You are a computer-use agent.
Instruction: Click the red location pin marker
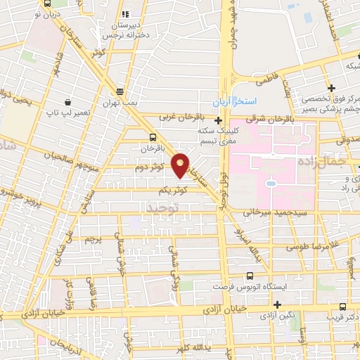pyautogui.click(x=181, y=165)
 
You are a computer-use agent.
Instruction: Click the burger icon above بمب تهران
pyautogui.click(x=120, y=91)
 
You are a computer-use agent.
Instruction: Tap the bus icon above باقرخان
pyautogui.click(x=153, y=137)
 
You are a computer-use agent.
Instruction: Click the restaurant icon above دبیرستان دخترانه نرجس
pyautogui.click(x=125, y=14)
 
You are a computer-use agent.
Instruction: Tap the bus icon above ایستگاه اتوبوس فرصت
pyautogui.click(x=249, y=276)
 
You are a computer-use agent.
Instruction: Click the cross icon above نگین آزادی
pyautogui.click(x=278, y=304)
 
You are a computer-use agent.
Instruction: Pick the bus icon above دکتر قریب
pyautogui.click(x=342, y=307)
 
